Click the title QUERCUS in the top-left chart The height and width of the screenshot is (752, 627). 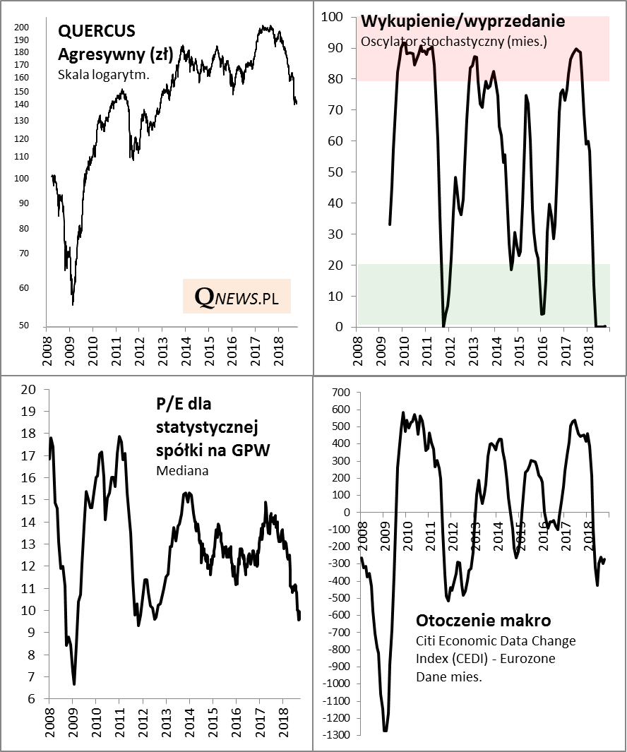97,32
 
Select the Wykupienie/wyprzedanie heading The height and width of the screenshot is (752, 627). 462,21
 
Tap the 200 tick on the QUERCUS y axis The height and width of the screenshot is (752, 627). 22,28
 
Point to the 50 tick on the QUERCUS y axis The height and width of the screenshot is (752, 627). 24,326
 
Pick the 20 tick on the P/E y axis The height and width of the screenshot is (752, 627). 28,389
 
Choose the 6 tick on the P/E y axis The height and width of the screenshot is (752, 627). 31,699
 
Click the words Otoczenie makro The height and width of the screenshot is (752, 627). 484,621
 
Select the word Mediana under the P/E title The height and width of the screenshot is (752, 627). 182,470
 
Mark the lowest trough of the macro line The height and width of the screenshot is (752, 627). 386,730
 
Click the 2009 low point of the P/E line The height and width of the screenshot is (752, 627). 74,684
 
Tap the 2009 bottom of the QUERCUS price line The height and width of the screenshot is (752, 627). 73,304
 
